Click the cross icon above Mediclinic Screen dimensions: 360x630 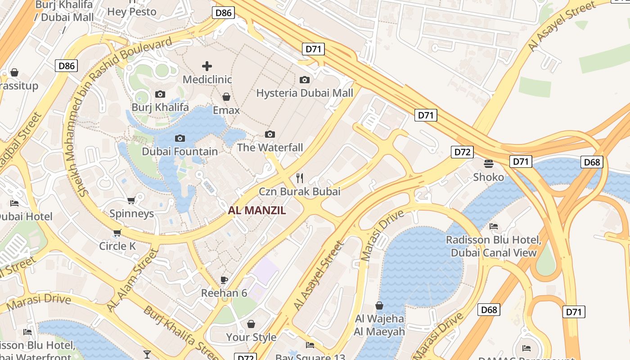click(207, 66)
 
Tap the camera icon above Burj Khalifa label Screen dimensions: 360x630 click(160, 94)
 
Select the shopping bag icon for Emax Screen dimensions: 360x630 click(226, 97)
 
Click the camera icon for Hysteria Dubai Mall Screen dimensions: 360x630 click(305, 80)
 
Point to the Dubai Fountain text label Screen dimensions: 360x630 click(180, 152)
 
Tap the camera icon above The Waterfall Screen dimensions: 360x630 click(270, 134)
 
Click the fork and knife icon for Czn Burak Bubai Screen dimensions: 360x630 click(300, 178)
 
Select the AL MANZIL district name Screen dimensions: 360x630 click(257, 210)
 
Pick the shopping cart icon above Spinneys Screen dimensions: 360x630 click(131, 200)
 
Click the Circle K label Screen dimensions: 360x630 click(117, 246)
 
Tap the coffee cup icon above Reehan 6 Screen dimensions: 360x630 click(224, 280)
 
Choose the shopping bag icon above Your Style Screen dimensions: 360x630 click(251, 324)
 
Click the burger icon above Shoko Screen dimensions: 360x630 click(489, 163)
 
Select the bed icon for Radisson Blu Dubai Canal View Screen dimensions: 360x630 click(494, 226)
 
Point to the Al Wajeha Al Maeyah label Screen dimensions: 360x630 click(379, 325)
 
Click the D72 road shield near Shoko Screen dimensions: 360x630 click(462, 152)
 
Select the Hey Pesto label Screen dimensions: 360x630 click(132, 11)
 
